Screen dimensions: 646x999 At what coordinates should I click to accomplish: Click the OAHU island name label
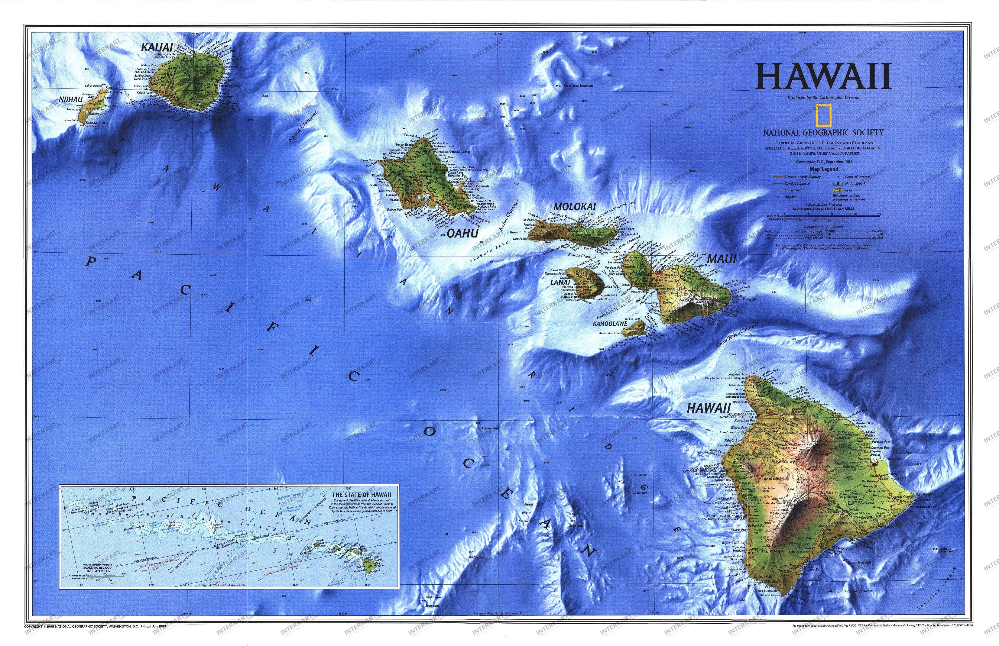tap(463, 234)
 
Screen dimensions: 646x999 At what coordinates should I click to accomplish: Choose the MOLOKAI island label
tap(575, 207)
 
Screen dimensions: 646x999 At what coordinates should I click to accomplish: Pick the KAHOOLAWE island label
tap(610, 324)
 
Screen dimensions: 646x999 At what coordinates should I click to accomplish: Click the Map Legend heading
tap(824, 169)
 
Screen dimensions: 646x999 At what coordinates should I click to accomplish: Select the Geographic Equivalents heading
tap(824, 227)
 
